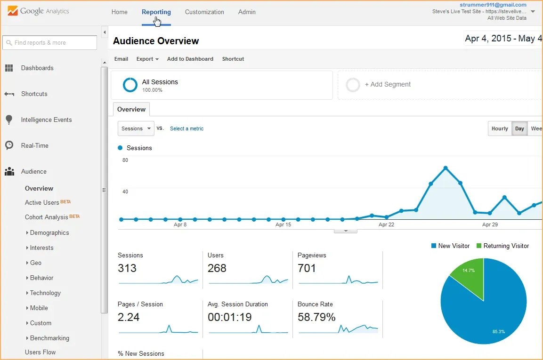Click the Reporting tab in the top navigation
(x=156, y=12)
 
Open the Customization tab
(x=204, y=12)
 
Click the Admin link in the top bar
(x=247, y=12)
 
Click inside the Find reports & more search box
(x=50, y=43)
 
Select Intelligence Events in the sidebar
(x=46, y=120)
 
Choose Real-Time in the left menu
(x=34, y=146)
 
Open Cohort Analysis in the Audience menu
(x=46, y=217)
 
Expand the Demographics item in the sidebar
(x=49, y=233)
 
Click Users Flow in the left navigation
(x=40, y=352)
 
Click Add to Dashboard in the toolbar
(x=190, y=59)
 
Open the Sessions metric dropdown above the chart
(x=136, y=128)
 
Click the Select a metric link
(x=186, y=129)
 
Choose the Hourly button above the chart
(x=499, y=128)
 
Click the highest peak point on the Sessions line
(x=446, y=168)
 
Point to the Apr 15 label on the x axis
(x=283, y=225)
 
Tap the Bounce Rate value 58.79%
(x=316, y=318)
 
